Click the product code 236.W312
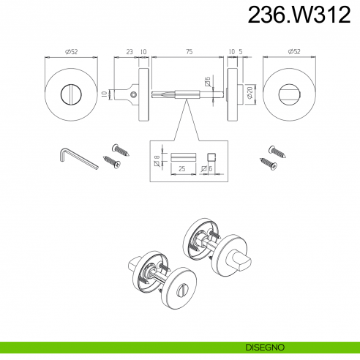pos(299,15)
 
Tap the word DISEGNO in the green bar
pos(265,347)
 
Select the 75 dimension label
pos(190,52)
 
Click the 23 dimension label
pos(130,52)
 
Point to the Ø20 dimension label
pos(250,93)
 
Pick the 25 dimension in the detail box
pos(182,168)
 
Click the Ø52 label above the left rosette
pos(71,52)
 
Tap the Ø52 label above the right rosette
pos(294,51)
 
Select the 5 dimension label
pos(241,52)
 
